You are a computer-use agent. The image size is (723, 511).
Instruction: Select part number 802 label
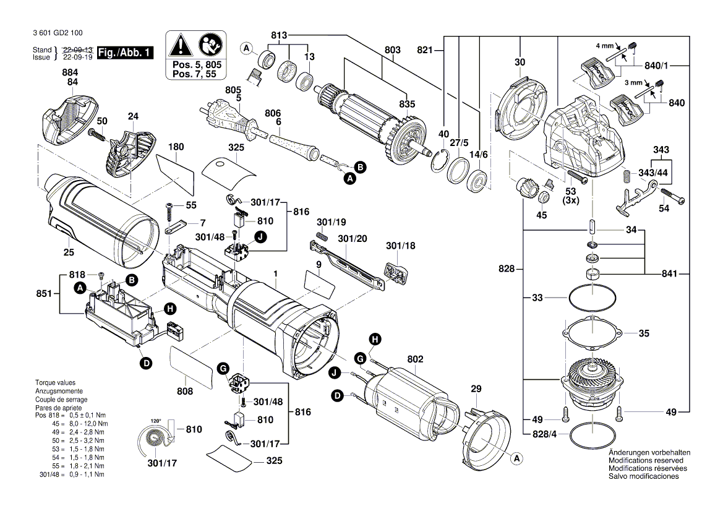[415, 358]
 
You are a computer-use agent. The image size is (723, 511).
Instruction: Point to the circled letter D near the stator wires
[338, 395]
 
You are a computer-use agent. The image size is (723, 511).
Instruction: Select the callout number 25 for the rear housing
[68, 252]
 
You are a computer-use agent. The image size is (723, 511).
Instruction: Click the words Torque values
[55, 383]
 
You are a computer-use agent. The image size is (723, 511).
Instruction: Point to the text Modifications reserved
[646, 460]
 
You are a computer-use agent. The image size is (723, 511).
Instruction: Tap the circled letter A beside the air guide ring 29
[515, 458]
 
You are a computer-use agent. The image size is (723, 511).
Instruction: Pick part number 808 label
[185, 391]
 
